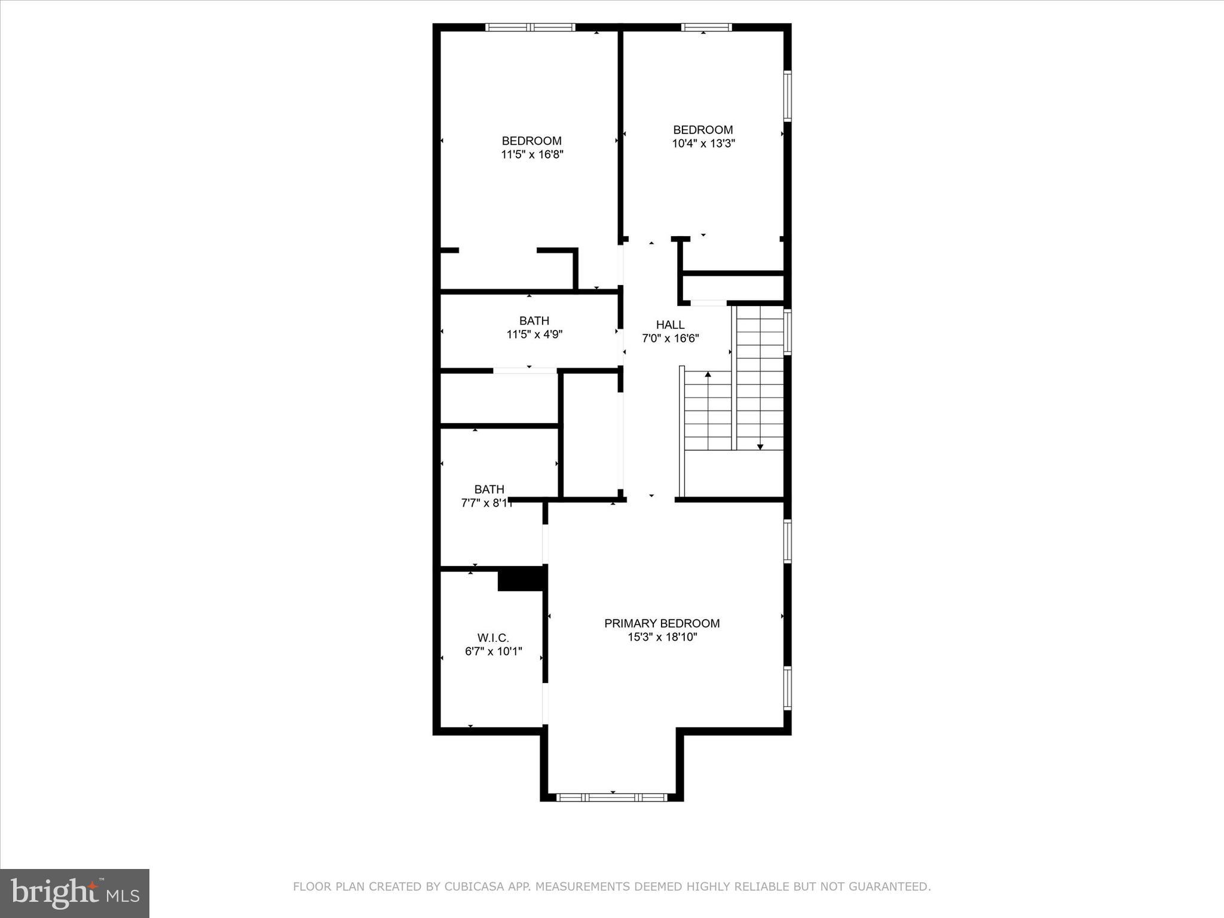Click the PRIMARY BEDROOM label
(x=662, y=623)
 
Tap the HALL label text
(x=670, y=325)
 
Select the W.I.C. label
(x=493, y=638)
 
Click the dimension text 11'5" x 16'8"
(x=532, y=154)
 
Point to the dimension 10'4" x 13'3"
(x=703, y=143)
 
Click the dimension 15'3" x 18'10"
(x=662, y=637)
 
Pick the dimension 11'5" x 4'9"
(x=534, y=334)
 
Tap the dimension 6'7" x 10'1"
(x=493, y=651)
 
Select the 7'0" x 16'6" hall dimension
(x=670, y=338)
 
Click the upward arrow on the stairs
(x=708, y=375)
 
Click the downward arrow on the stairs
(x=760, y=446)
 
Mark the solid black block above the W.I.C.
(x=521, y=579)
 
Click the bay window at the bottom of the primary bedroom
(x=611, y=797)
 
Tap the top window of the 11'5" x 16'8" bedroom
(x=530, y=27)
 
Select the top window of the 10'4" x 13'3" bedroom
(x=706, y=27)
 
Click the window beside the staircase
(x=787, y=332)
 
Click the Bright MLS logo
(x=75, y=893)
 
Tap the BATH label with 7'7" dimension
(x=489, y=489)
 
